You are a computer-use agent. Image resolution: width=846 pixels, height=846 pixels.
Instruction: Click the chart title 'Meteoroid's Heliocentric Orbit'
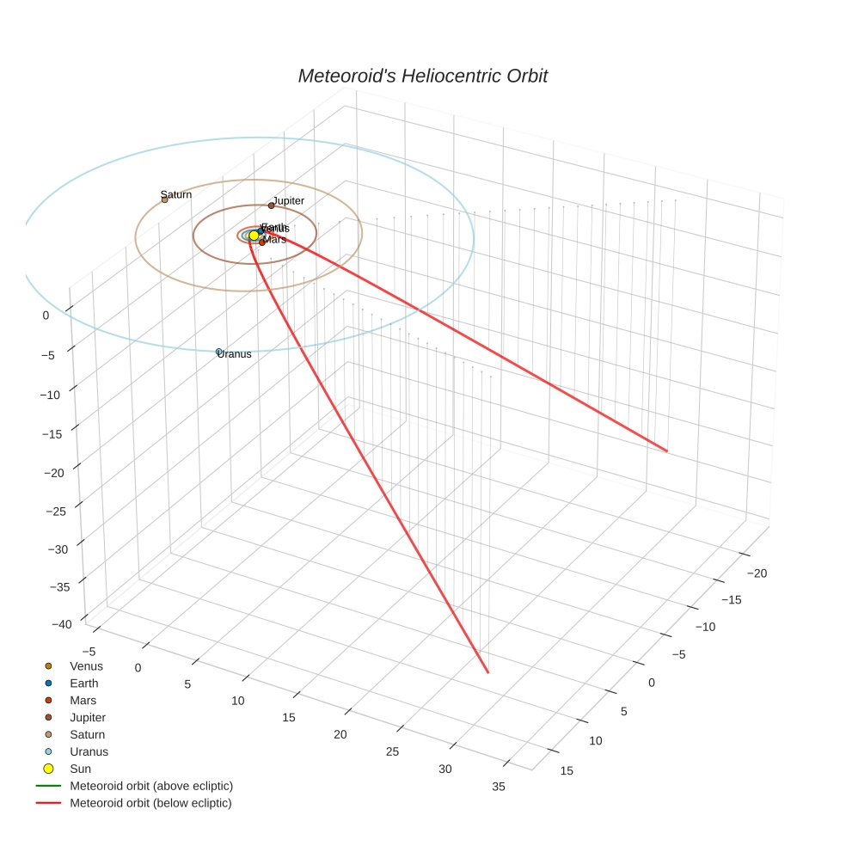422,76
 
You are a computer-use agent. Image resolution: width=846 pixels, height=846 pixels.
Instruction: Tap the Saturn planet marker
164,199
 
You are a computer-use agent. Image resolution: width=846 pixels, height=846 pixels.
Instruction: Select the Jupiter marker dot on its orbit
271,205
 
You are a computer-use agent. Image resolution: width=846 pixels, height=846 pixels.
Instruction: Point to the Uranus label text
235,354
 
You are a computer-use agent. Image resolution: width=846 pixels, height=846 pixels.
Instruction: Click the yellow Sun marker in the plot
254,235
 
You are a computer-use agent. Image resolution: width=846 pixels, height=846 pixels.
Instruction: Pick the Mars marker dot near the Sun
262,242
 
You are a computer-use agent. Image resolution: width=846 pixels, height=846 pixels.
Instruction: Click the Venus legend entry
86,666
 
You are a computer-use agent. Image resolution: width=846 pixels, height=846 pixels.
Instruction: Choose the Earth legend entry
84,684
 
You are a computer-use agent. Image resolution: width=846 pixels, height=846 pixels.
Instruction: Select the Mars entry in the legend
83,701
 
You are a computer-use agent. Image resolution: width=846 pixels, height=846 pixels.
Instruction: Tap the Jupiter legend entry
88,717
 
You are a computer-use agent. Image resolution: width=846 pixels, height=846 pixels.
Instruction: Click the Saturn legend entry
88,734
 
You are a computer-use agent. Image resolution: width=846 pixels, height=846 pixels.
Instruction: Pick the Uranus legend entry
89,751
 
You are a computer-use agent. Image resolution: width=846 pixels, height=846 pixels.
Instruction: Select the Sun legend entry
80,769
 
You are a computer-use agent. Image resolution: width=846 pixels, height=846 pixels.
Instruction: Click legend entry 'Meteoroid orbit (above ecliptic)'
150,786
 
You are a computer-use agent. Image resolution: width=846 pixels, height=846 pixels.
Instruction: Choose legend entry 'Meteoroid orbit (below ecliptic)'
150,803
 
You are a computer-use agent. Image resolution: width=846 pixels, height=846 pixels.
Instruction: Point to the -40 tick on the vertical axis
59,625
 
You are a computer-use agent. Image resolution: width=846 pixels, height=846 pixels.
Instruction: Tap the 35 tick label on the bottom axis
498,787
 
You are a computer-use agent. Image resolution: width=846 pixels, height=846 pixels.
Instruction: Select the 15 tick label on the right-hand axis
567,770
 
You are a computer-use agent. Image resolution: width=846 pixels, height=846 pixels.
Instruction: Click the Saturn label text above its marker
176,194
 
